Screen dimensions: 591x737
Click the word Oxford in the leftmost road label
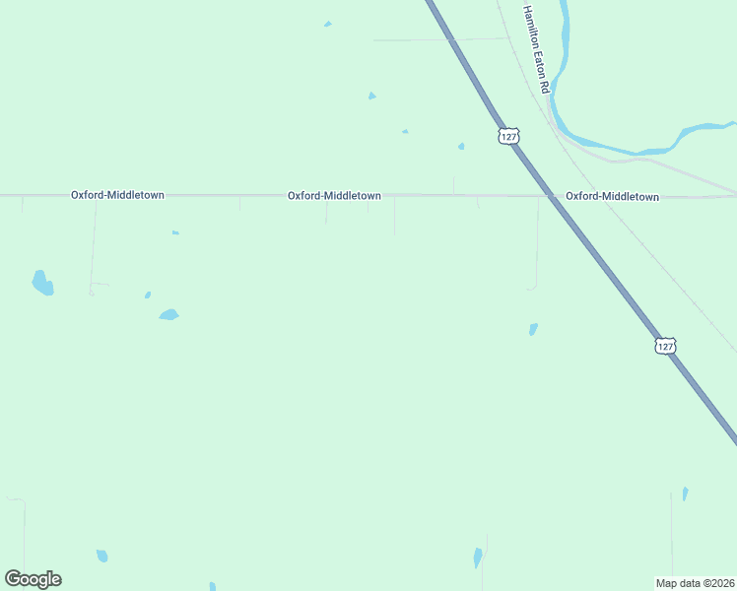pyautogui.click(x=86, y=195)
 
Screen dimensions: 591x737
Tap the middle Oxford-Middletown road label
pyautogui.click(x=334, y=195)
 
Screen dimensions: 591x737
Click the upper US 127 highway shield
pyautogui.click(x=508, y=135)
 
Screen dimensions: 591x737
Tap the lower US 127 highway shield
pyautogui.click(x=665, y=346)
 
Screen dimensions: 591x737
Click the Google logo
pyautogui.click(x=33, y=579)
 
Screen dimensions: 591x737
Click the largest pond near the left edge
pyautogui.click(x=42, y=284)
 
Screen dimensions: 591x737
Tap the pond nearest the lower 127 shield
pyautogui.click(x=533, y=329)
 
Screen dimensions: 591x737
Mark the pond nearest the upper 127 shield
pyautogui.click(x=461, y=147)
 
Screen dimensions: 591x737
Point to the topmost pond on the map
pyautogui.click(x=327, y=24)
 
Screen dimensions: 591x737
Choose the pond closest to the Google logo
pyautogui.click(x=101, y=557)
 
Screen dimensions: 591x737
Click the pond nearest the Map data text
pyautogui.click(x=685, y=493)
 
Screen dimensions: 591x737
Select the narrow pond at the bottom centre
pyautogui.click(x=478, y=558)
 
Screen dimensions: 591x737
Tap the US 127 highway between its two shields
pyautogui.click(x=586, y=242)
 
